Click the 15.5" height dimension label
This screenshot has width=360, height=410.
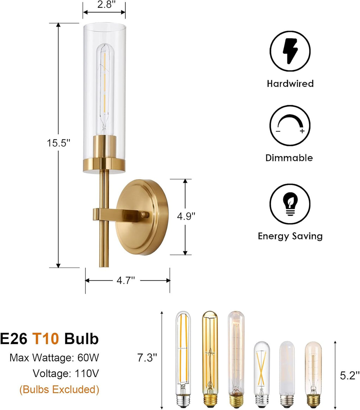click(59, 143)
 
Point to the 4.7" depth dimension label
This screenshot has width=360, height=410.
click(126, 280)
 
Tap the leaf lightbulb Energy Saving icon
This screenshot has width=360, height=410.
click(290, 204)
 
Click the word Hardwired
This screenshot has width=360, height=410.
click(290, 83)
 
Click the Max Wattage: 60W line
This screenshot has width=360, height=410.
click(54, 358)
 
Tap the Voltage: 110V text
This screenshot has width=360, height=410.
click(66, 373)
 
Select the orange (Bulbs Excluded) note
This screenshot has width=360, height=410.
click(59, 389)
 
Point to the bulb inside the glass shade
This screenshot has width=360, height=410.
click(104, 88)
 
